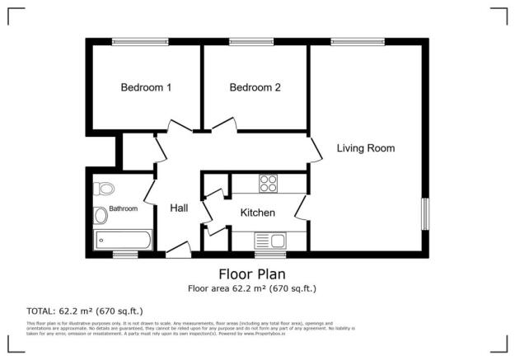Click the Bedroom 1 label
pyautogui.click(x=146, y=87)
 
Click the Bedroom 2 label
pyautogui.click(x=255, y=87)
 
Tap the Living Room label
pyautogui.click(x=365, y=149)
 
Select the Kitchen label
pyautogui.click(x=257, y=213)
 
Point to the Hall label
pyautogui.click(x=179, y=208)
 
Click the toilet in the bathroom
pyautogui.click(x=102, y=187)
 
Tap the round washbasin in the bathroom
pyautogui.click(x=101, y=217)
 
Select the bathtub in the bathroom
pyautogui.click(x=123, y=240)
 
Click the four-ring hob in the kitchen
pyautogui.click(x=269, y=183)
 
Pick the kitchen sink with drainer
pyautogui.click(x=269, y=241)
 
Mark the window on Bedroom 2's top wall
pyautogui.click(x=251, y=40)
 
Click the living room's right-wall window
pyautogui.click(x=425, y=213)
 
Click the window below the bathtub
pyautogui.click(x=124, y=254)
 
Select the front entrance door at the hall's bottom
pyautogui.click(x=178, y=250)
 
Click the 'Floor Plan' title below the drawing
pyautogui.click(x=251, y=274)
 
